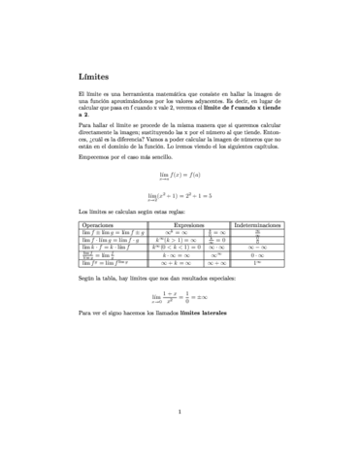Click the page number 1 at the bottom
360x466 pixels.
pos(180,412)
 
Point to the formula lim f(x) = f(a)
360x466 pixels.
pos(180,175)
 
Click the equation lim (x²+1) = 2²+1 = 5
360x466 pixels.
pos(180,195)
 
